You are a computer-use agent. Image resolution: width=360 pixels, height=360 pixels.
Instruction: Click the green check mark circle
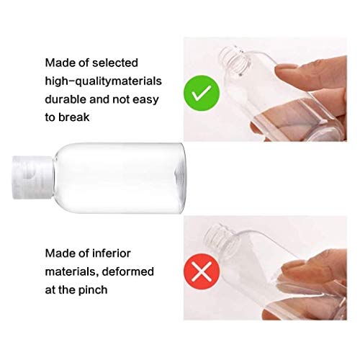[202, 93]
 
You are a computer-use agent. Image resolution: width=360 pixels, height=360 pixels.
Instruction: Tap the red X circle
[202, 271]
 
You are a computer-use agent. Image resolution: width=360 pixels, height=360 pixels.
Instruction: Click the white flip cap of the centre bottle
[32, 177]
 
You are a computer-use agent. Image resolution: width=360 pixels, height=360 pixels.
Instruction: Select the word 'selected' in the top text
[115, 63]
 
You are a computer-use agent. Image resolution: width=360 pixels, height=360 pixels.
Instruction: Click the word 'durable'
[66, 99]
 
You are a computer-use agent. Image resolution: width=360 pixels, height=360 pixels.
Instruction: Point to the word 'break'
[74, 117]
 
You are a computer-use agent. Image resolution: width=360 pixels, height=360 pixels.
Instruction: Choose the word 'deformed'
[127, 271]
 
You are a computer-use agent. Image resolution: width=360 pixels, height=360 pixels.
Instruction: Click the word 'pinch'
[93, 290]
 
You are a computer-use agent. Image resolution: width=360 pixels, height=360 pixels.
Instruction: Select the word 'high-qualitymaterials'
[103, 81]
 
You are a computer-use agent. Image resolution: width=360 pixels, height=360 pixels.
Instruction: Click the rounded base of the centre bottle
[180, 178]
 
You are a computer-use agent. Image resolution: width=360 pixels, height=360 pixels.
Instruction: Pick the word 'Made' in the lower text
[60, 253]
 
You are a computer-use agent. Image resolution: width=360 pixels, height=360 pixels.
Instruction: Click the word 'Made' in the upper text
[60, 63]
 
